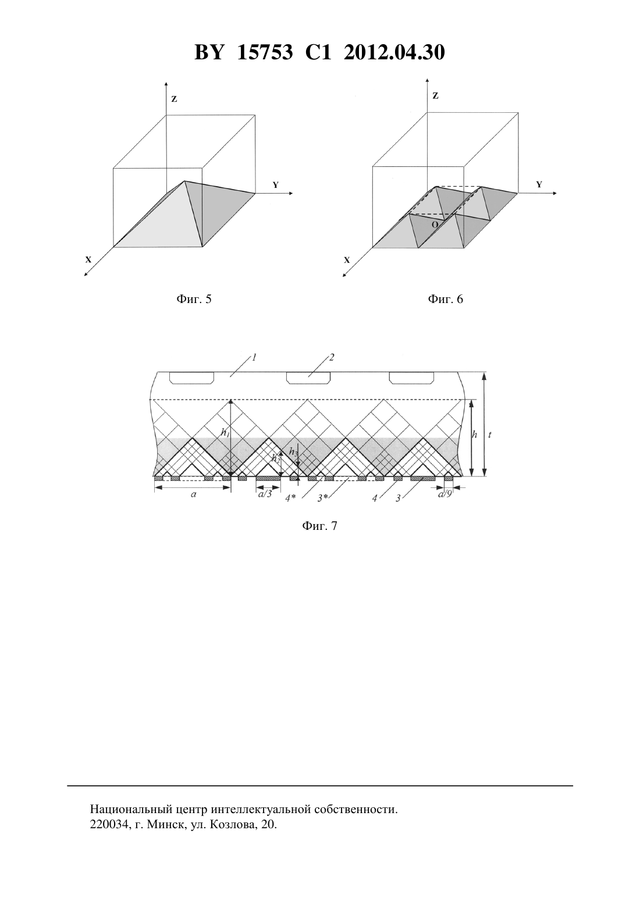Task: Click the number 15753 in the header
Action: (x=265, y=52)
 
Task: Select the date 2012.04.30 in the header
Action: (x=394, y=52)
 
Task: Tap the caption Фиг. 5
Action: (x=194, y=300)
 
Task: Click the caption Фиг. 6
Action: (x=445, y=300)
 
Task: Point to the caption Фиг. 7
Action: (x=319, y=526)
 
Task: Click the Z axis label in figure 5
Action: (x=174, y=99)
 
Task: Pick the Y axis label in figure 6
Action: (x=539, y=184)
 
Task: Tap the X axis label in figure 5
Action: (x=88, y=260)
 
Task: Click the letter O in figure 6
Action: (x=435, y=225)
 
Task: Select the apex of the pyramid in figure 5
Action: (x=184, y=181)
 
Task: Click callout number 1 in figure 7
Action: (x=255, y=358)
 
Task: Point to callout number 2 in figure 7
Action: (x=331, y=358)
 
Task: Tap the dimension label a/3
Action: (x=265, y=494)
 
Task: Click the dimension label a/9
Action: (x=445, y=494)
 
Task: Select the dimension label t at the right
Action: (x=490, y=434)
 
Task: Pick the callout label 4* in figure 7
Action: (x=291, y=498)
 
